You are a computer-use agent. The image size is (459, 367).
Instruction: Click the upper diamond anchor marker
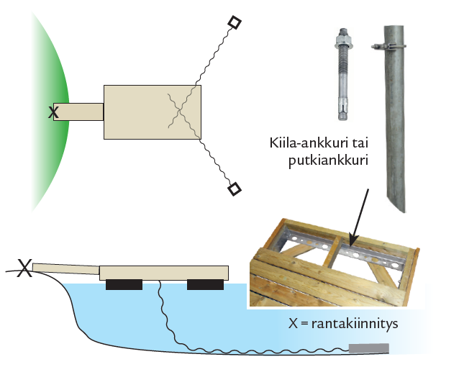pos(234,23)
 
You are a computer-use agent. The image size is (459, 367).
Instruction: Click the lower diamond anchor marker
pos(234,189)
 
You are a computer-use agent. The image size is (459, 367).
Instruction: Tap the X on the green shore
pos(53,112)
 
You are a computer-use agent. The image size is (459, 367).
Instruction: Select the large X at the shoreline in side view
pos(24,269)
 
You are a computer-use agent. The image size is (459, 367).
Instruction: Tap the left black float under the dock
pos(124,285)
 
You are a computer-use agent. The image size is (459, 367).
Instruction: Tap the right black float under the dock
pos(205,285)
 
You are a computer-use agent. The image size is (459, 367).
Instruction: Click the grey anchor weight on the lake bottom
pos(368,349)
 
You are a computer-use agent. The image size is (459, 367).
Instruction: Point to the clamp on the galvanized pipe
pos(386,47)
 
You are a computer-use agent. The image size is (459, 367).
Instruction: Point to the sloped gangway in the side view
pos(65,269)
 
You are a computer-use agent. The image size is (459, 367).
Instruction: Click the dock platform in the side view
pos(164,272)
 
